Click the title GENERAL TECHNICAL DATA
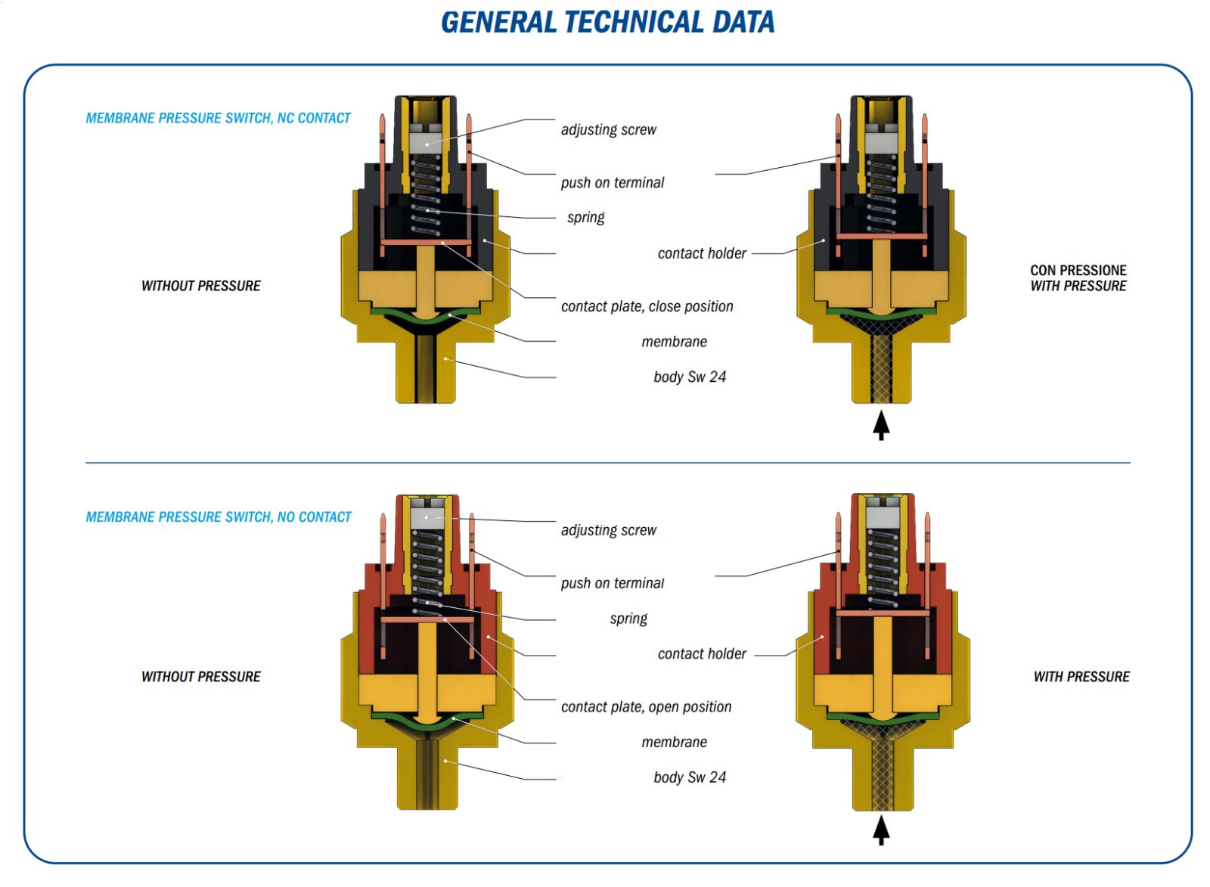coord(607,22)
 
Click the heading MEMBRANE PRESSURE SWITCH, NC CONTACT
coord(218,118)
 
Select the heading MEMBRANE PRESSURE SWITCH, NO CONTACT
coord(219,517)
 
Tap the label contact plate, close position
coord(647,306)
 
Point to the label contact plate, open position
coord(646,707)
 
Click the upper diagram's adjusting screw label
coord(608,129)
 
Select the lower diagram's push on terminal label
coord(612,583)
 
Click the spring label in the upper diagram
coord(585,218)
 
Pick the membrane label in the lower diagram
coord(674,743)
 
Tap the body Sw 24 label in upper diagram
coord(689,377)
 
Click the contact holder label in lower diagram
coord(701,654)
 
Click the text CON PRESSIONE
coord(1078,270)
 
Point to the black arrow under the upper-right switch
coord(881,425)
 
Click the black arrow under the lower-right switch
coord(881,830)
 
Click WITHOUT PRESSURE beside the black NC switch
coord(200,286)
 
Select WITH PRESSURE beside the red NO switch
coord(1081,677)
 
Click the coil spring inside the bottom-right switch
coord(882,567)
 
